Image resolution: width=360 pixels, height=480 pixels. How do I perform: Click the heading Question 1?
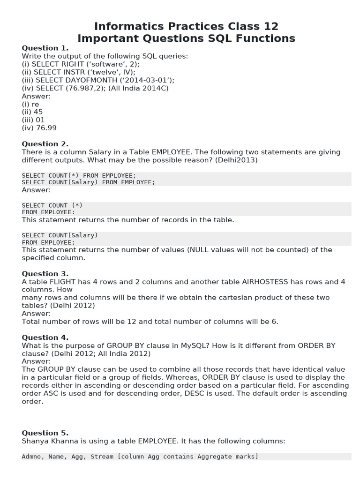click(45, 48)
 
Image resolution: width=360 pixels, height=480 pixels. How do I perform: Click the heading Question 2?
click(45, 144)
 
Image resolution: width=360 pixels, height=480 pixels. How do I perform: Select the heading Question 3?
click(45, 274)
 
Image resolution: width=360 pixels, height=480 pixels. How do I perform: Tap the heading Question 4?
click(45, 337)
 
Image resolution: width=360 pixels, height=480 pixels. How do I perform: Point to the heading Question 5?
click(45, 433)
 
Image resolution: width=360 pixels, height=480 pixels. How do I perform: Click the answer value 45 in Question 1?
click(38, 112)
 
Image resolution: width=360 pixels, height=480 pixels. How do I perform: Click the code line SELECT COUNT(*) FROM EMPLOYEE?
click(79, 175)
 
